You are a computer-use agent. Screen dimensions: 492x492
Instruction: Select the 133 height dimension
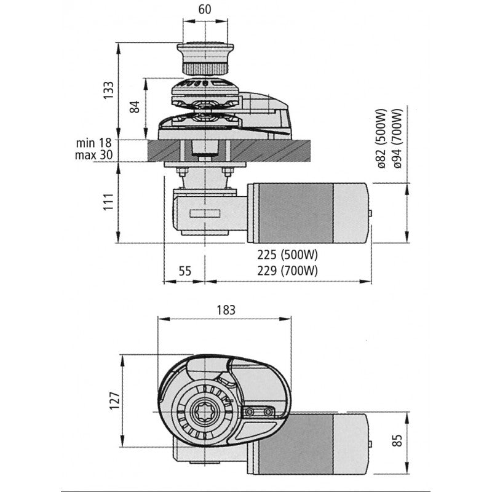point(108,90)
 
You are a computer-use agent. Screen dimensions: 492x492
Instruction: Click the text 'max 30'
point(93,155)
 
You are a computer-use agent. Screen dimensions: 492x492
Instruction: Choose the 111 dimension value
point(108,202)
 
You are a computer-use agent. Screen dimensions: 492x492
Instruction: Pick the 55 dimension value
point(184,270)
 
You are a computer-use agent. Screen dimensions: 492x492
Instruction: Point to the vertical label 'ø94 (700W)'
point(398,140)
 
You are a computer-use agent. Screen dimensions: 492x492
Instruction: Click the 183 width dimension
point(225,310)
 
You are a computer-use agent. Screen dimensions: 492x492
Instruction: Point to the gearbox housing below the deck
point(203,212)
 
